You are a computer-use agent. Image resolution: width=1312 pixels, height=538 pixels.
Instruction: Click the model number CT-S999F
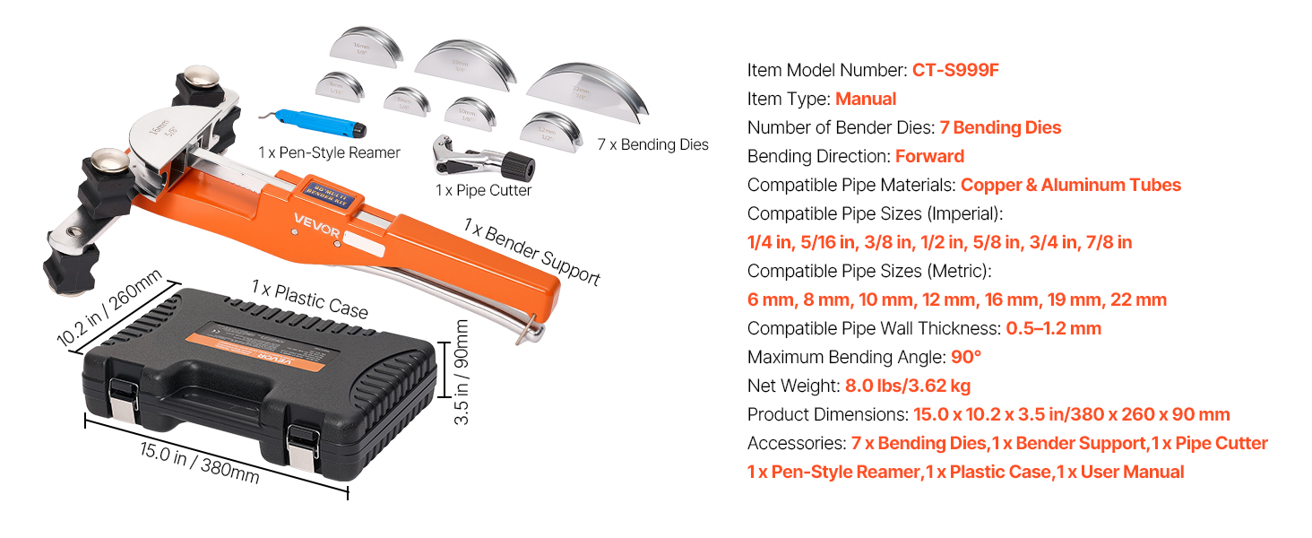[x=954, y=70]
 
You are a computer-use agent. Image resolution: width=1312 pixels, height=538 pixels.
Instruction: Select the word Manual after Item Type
[x=865, y=99]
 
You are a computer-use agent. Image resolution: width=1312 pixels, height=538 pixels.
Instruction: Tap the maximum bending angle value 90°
[x=966, y=357]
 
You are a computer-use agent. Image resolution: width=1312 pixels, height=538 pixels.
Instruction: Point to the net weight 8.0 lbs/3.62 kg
[x=907, y=386]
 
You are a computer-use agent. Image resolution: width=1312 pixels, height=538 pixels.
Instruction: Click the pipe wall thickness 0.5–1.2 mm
[x=1053, y=328]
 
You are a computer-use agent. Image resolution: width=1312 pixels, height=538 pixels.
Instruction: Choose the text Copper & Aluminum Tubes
[x=1070, y=185]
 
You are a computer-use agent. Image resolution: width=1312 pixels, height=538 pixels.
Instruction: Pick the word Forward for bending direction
[x=929, y=156]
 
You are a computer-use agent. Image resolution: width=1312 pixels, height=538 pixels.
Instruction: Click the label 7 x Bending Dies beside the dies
[x=652, y=143]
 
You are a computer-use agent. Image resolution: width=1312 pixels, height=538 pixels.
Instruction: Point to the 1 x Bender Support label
[x=531, y=252]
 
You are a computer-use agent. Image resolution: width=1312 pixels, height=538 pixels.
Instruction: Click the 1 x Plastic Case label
[x=309, y=299]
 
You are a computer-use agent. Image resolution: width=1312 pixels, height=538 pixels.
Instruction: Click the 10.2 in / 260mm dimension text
[x=109, y=308]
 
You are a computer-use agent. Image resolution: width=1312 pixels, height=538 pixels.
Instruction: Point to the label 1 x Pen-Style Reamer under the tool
[x=329, y=152]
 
